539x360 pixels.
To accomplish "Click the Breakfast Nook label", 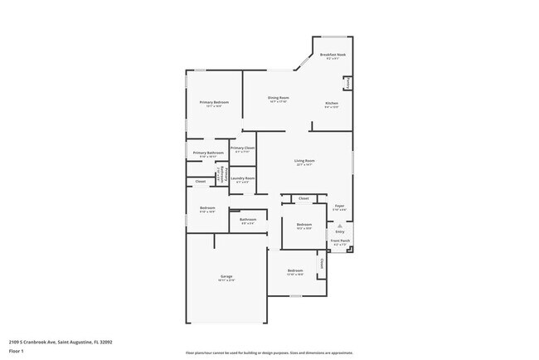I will coord(333,55).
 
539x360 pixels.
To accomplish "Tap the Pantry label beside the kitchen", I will coord(347,83).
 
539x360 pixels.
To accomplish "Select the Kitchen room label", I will coord(331,103).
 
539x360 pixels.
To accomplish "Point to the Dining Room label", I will coord(278,98).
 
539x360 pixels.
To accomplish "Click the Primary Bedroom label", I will coord(213,102).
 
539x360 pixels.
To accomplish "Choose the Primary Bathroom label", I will coord(208,153).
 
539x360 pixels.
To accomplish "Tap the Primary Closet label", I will coord(242,148).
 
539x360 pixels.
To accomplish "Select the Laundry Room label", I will coord(242,178).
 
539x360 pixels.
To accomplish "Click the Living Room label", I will coord(304,160).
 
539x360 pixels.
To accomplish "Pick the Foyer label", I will coord(339,205).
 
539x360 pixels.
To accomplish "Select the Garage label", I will coord(226,276).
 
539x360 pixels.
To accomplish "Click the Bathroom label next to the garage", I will coord(247,219).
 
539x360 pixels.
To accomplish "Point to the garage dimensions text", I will coord(226,280).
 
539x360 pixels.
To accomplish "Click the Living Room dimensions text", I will coord(304,164).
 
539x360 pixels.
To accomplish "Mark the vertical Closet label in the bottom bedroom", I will coord(321,263).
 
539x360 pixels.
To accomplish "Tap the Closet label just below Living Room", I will coord(303,199).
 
